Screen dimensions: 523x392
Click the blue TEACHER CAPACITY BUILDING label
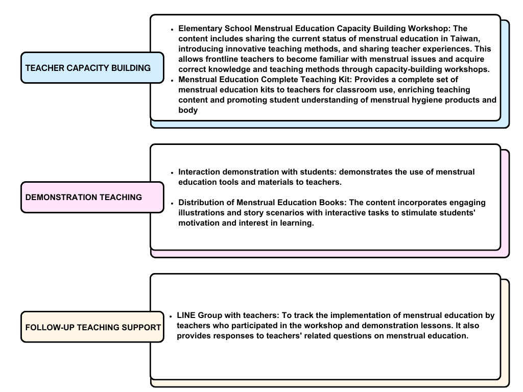point(92,68)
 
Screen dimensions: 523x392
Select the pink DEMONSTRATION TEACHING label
point(92,198)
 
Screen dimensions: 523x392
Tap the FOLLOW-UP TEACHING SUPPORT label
point(92,327)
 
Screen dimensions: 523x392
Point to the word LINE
point(186,315)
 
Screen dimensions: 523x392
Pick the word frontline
point(221,59)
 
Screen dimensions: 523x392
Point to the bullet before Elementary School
point(172,30)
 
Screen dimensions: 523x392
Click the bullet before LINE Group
point(171,316)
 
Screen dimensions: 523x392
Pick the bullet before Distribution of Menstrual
point(172,203)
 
